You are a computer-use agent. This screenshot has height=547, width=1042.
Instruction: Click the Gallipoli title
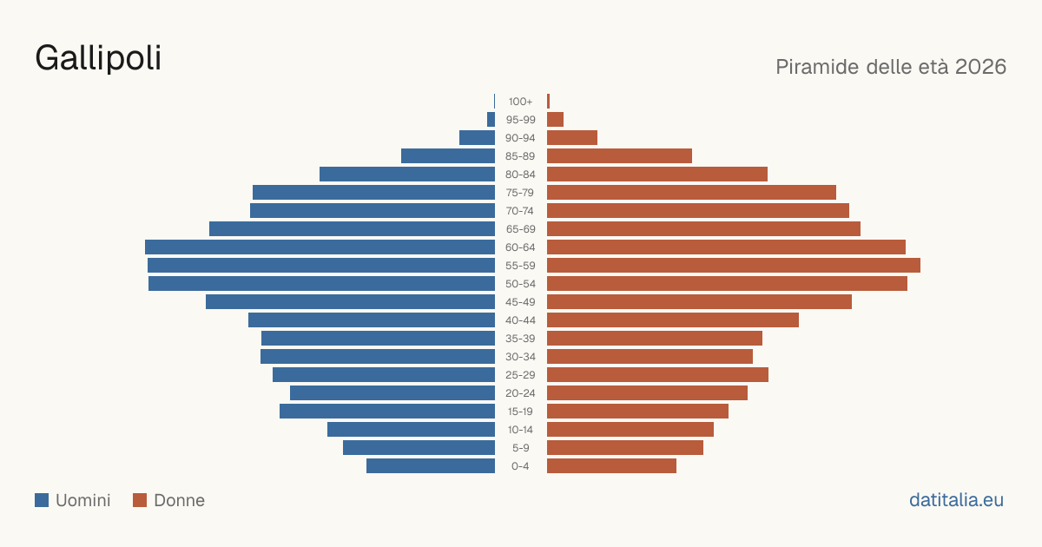98,59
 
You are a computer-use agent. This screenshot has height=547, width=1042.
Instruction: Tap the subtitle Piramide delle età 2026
891,67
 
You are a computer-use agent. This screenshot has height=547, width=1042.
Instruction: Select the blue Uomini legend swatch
42,500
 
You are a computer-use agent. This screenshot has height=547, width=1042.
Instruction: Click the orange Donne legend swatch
140,500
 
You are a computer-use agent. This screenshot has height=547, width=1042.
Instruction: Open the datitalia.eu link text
956,500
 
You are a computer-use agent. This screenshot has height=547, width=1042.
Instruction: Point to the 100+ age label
520,102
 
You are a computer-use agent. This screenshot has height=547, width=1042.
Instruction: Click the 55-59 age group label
520,266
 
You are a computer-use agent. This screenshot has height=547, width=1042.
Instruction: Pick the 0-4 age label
520,466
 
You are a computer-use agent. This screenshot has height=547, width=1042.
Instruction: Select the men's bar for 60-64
320,247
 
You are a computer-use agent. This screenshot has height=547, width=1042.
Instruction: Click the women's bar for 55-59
734,265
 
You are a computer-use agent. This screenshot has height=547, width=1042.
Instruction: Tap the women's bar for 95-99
556,120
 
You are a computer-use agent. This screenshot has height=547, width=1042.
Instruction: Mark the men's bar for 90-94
478,138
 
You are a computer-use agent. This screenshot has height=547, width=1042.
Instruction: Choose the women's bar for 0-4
611,466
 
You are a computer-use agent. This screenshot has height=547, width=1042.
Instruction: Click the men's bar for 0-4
431,466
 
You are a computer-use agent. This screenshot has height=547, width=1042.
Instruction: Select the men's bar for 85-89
448,155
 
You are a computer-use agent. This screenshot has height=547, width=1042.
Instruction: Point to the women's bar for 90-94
572,138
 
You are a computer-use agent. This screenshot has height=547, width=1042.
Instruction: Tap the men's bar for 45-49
350,302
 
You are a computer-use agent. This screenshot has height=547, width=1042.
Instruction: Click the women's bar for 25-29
658,375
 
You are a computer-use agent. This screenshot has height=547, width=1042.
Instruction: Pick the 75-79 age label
520,193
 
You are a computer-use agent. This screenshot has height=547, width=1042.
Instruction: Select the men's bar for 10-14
412,429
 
